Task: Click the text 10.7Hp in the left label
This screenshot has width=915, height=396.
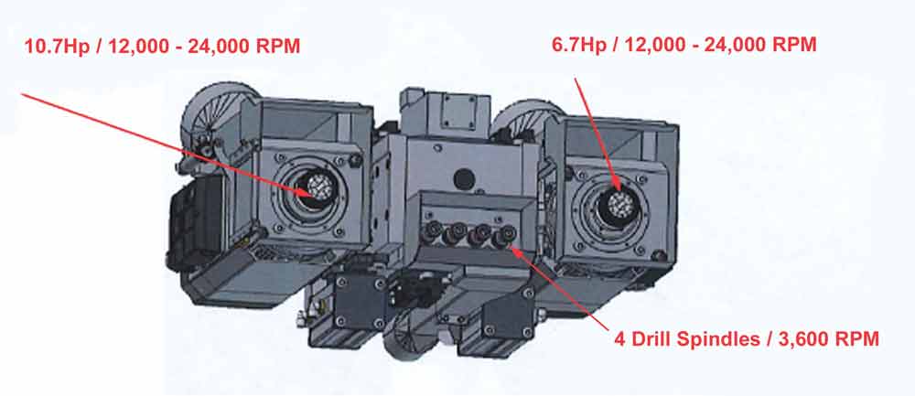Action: pos(57,46)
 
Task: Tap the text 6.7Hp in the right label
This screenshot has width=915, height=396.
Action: pos(579,44)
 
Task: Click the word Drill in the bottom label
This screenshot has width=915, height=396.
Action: pos(654,339)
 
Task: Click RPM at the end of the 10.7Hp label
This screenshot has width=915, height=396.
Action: pos(278,46)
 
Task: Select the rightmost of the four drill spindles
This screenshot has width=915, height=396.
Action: pos(503,237)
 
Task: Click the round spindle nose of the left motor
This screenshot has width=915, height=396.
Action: pos(319,188)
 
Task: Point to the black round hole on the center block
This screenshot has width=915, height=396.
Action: pos(463,177)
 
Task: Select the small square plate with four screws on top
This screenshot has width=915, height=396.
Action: pos(458,112)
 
